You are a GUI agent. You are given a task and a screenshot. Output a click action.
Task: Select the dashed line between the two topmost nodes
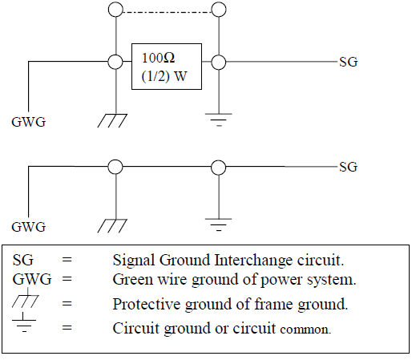[x=166, y=10]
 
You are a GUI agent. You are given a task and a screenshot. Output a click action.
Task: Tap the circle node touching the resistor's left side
[x=116, y=62]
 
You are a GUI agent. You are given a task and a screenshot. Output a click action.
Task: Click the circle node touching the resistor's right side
[x=216, y=62]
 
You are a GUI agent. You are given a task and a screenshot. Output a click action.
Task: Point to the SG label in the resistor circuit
[x=348, y=62]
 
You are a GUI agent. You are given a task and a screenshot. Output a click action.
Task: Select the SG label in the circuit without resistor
[x=348, y=167]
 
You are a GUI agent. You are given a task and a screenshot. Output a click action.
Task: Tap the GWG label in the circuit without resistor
[x=28, y=227]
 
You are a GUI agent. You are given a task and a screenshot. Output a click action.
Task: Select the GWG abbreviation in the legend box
[x=28, y=278]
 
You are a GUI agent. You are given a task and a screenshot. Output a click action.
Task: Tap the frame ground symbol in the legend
[x=26, y=301]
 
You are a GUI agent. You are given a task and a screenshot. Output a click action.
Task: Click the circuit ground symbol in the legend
[x=26, y=325]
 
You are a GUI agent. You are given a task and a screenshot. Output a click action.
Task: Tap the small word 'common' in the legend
[x=305, y=329]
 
